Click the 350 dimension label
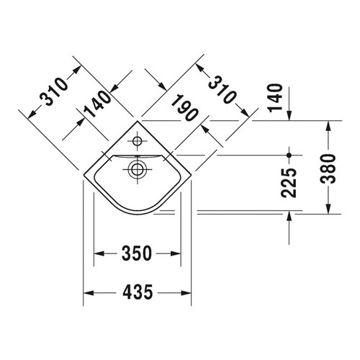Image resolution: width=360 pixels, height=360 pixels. click(x=137, y=253)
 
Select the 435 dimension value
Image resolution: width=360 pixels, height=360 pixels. click(x=138, y=292)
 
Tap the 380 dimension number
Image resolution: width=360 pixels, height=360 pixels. click(x=328, y=168)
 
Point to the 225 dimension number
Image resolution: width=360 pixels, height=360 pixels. click(x=289, y=183)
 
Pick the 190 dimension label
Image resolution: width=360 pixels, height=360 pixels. click(x=185, y=107)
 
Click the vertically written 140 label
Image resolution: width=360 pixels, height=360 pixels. click(x=275, y=98)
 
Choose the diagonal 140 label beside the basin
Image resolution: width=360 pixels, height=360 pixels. click(x=97, y=104)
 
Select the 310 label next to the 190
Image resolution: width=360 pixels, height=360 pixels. click(x=222, y=89)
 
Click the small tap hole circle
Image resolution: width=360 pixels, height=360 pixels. click(x=137, y=141)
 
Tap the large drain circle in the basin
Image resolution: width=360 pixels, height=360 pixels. click(x=137, y=170)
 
